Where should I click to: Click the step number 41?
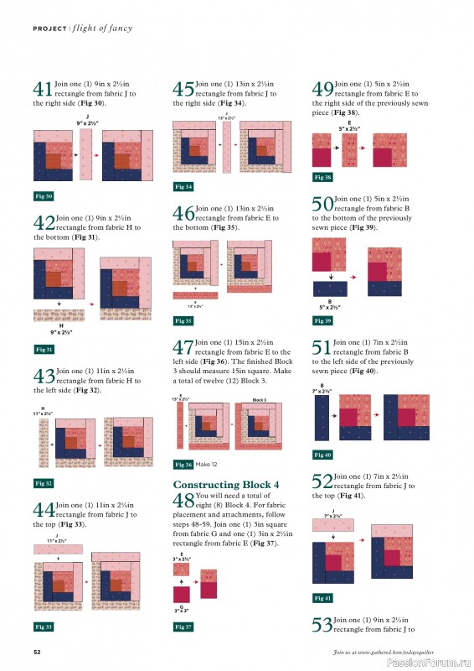coord(43,90)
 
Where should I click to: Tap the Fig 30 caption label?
coord(44,196)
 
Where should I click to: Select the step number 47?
coord(183,348)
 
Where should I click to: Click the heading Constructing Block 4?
coord(226,485)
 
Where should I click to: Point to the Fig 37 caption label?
coord(183,627)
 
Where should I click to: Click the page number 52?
coord(38,652)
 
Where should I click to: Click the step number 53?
coord(322,625)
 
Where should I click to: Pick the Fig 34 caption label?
coord(183,186)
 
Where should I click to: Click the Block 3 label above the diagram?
coord(260,401)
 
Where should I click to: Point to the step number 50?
coord(322,205)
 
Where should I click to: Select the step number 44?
coord(43,510)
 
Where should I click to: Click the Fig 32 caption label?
coord(44,483)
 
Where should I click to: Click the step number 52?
coord(322,482)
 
